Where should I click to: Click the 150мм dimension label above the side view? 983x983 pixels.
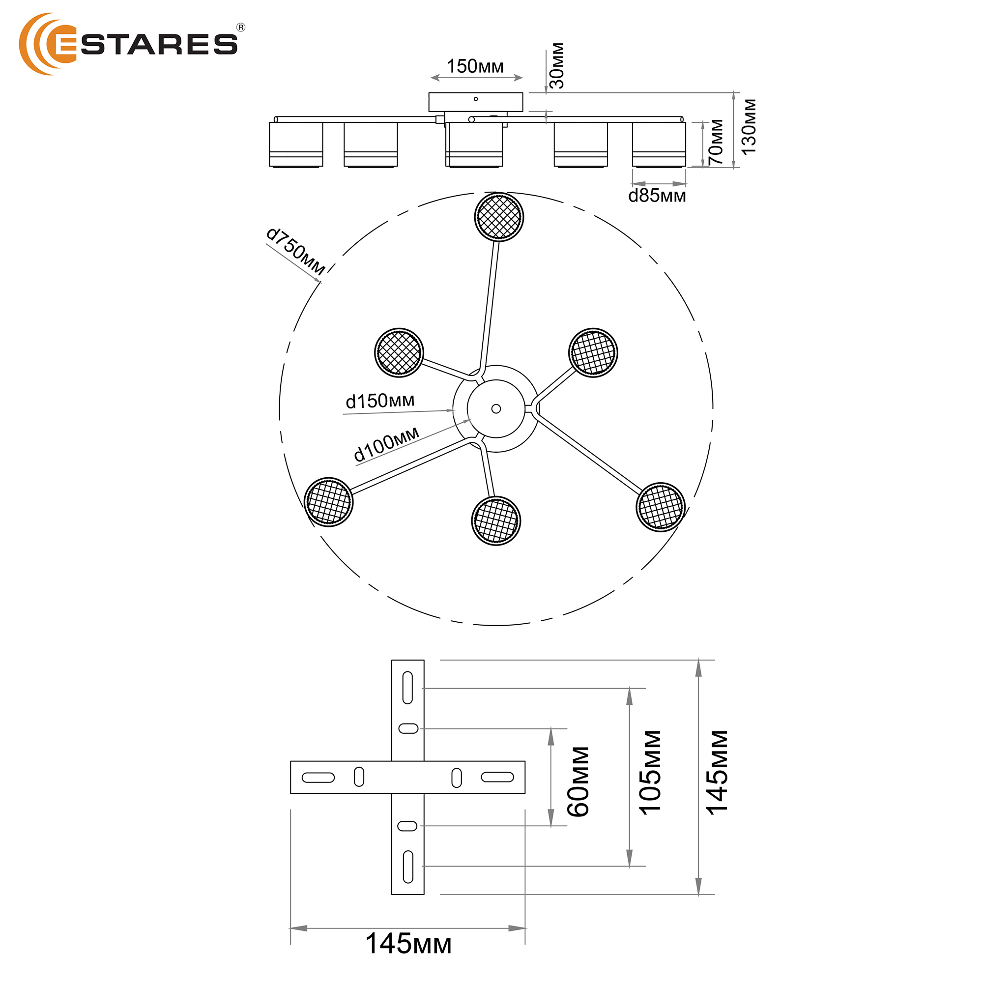tap(475, 67)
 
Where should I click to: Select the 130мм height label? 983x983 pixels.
tap(749, 127)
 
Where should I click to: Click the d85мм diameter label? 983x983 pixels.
tap(657, 196)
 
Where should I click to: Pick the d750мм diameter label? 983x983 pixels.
tap(295, 251)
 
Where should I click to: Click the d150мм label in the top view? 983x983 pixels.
tap(380, 401)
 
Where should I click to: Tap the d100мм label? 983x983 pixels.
tap(387, 444)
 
